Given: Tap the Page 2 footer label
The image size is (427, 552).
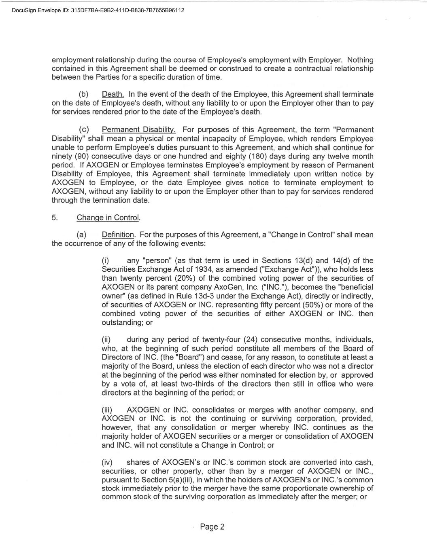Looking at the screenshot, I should coord(212,527).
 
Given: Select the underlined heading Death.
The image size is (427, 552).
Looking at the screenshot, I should coord(113,94).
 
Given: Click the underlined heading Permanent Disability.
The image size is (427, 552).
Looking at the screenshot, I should coord(138,130).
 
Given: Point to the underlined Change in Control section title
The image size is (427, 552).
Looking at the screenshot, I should coord(108,218).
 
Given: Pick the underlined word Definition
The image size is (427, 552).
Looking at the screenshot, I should coord(118,235).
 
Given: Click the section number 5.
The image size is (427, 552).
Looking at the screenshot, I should coord(55,218).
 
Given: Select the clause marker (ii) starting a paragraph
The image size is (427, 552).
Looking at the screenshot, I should coord(106,339).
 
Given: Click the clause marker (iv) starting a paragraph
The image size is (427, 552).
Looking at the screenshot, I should coord(107,462).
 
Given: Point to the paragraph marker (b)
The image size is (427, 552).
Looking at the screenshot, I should coord(84,94).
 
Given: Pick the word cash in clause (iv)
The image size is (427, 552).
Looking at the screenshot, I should coord(363,462).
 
